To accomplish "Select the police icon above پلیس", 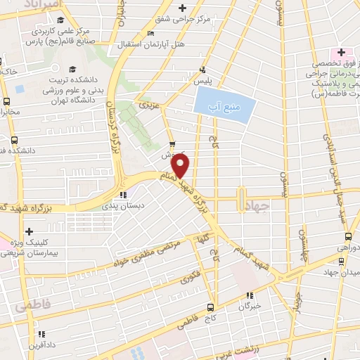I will [x=202, y=69].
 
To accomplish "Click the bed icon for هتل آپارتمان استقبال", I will [x=151, y=34].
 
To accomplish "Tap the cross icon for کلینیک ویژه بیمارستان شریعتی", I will [x=29, y=231].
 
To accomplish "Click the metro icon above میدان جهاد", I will [x=342, y=262].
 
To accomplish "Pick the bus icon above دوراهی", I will [x=342, y=237].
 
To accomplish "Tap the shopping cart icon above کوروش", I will [x=172, y=139].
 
